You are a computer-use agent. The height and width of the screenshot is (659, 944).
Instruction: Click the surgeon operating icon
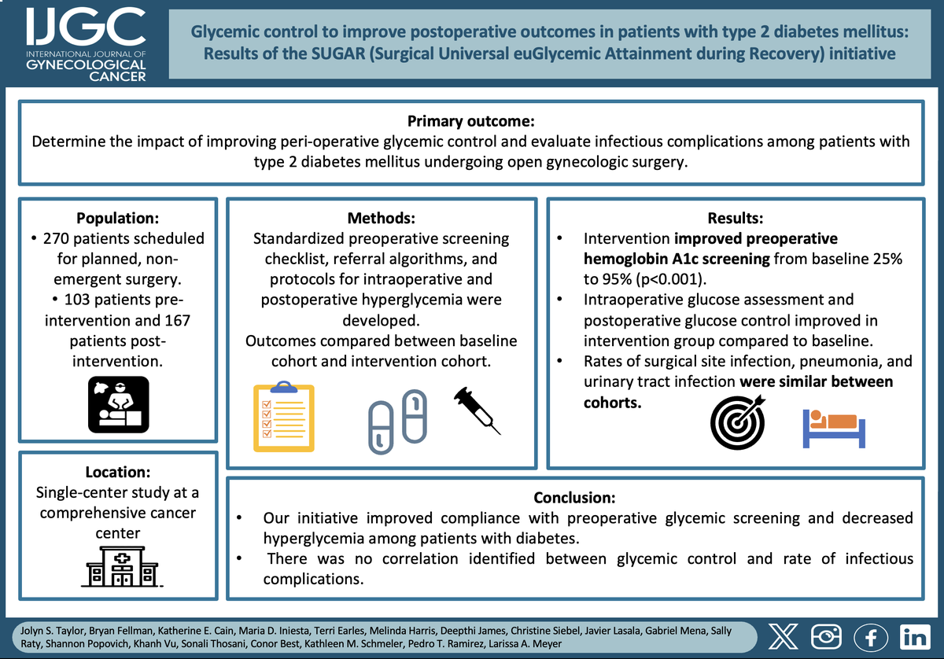[x=118, y=403]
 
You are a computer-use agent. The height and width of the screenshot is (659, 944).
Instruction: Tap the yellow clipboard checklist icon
[x=283, y=418]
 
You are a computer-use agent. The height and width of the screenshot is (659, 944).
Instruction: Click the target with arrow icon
[x=736, y=421]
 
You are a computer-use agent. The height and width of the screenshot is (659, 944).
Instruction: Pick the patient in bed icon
[x=832, y=425]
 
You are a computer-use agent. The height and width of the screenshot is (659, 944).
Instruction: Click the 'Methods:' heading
[x=382, y=219]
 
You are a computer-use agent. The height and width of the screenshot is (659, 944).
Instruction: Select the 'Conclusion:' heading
[x=574, y=498]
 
